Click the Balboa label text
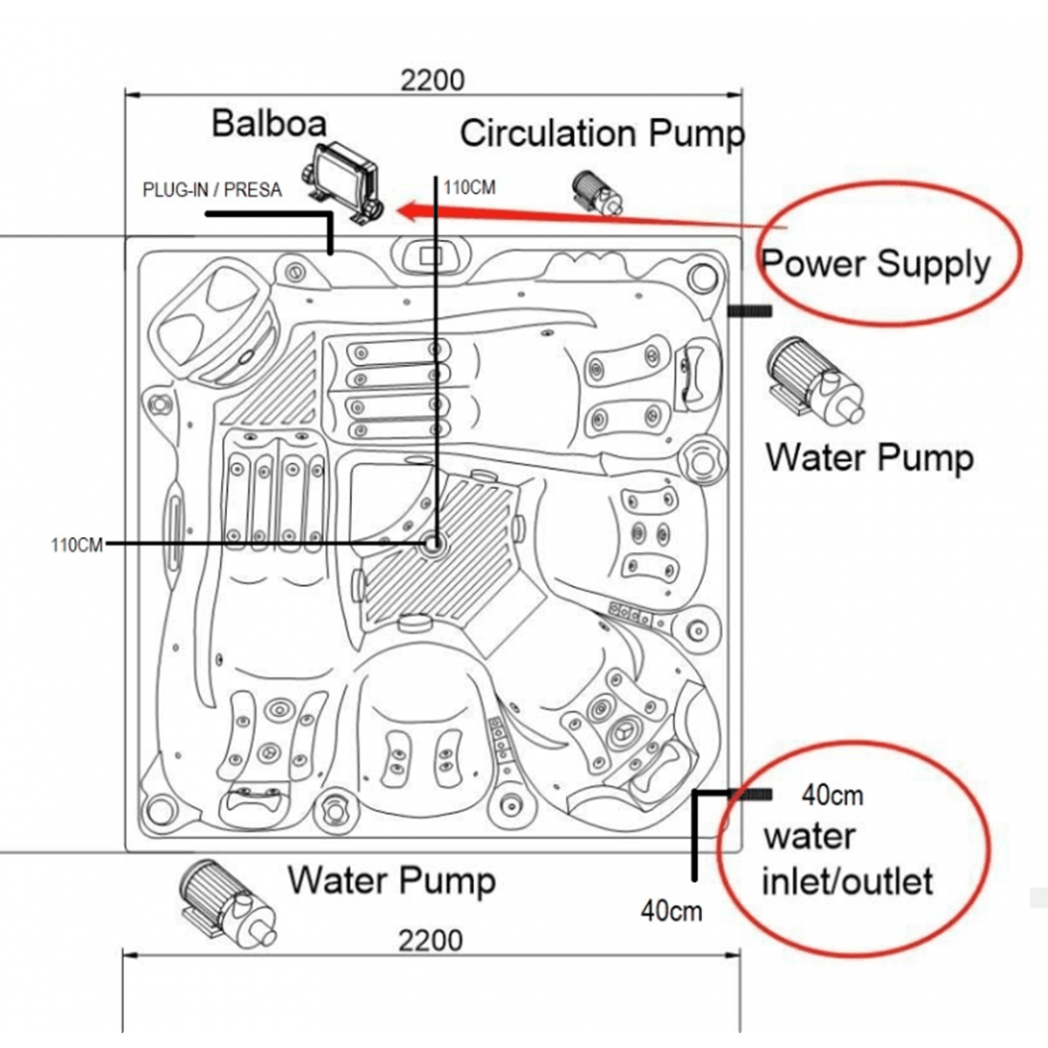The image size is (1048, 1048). coord(269,123)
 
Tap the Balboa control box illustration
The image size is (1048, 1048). coord(342,183)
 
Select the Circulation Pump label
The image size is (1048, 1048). coord(602,134)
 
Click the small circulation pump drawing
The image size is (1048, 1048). coord(597,192)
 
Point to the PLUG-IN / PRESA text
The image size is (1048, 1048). coord(212,190)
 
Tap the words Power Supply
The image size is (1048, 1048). coord(876,265)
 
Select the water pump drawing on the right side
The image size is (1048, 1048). coord(814,382)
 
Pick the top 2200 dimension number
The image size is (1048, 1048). coord(433,80)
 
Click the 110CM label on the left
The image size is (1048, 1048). coord(77,545)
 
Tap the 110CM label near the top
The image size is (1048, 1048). coord(469,188)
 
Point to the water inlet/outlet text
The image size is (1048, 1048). coord(847,860)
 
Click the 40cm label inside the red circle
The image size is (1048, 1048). coord(832,796)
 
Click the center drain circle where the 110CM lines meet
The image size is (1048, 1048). coord(433,543)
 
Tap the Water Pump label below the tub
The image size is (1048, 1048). coord(391,881)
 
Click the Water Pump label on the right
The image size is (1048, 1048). coord(870,458)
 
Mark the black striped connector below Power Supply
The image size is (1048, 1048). coord(749,311)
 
